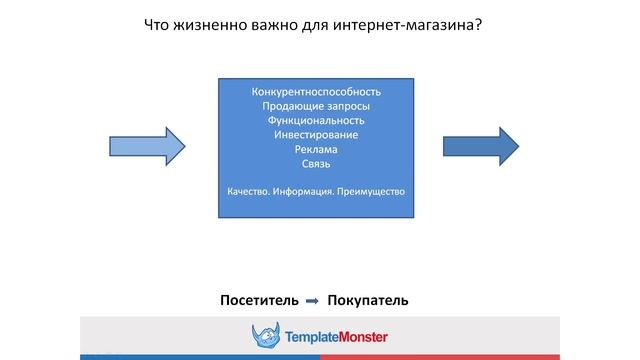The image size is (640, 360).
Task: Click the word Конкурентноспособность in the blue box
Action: click(x=316, y=92)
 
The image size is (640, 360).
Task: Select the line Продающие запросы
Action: click(x=316, y=106)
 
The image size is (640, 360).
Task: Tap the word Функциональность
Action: click(x=316, y=120)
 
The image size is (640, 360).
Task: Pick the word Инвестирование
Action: click(x=316, y=134)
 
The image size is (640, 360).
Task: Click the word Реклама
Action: click(x=316, y=149)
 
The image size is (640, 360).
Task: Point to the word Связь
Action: click(x=316, y=163)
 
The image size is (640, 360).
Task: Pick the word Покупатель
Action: click(x=367, y=300)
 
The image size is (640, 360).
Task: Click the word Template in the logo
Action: click(x=308, y=338)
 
